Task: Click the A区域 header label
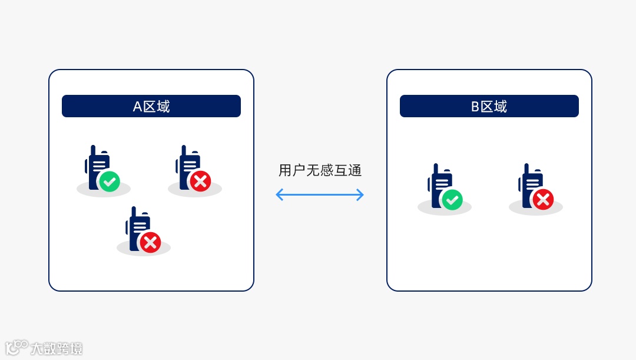point(151,107)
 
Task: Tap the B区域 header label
point(489,107)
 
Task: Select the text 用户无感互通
point(320,171)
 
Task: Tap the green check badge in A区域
point(110,181)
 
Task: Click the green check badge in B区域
point(452,200)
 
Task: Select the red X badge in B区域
point(542,200)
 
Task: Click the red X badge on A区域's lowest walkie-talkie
point(150,242)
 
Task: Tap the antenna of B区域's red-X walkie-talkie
point(526,169)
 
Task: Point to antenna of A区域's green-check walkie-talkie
point(93,151)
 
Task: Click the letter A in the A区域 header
point(137,107)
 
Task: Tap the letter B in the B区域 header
point(475,107)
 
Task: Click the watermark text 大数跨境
point(57,348)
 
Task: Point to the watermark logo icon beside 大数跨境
point(16,347)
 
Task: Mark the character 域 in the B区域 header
point(501,107)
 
